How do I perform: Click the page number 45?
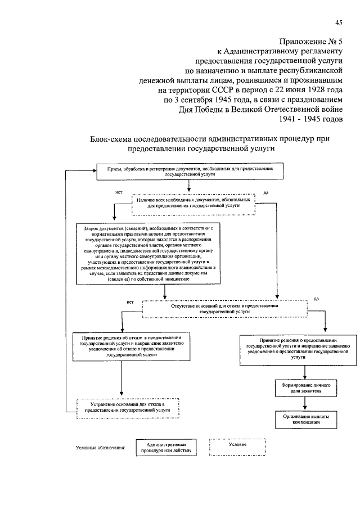339,22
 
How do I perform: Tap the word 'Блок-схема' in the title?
112,138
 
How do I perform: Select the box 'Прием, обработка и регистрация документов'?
188,172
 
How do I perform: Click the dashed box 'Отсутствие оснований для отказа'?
225,308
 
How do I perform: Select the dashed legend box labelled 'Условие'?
236,445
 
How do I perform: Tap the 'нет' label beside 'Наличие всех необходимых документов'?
119,193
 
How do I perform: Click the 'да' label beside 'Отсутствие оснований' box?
316,299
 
